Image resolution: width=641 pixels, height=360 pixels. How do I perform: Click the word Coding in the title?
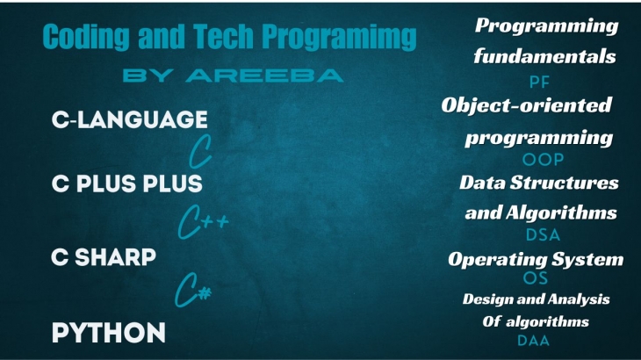(86, 37)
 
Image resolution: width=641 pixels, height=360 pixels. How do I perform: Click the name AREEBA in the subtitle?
(264, 76)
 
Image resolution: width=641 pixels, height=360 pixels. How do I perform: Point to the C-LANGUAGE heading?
(130, 119)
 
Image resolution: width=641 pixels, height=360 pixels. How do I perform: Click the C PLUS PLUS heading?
(127, 184)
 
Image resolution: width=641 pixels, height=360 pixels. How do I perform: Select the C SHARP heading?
(104, 257)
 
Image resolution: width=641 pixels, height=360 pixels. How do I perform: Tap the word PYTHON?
(109, 333)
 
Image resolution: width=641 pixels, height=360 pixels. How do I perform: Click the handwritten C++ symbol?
(202, 222)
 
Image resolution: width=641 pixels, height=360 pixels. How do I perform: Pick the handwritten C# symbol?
(193, 290)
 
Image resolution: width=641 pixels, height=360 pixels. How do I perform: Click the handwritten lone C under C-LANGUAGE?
(200, 151)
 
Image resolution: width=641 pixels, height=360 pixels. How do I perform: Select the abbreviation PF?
(539, 83)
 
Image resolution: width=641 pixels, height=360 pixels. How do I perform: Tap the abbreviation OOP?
(543, 159)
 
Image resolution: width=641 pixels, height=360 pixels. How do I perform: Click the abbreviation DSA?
(543, 235)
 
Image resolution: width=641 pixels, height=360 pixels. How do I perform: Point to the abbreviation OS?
(536, 278)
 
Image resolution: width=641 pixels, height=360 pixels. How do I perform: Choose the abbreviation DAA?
(534, 341)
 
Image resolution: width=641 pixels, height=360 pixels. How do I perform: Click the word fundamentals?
(545, 56)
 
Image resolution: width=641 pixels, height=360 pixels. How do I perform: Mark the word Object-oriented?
(527, 105)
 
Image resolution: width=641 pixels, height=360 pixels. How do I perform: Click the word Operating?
(498, 260)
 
